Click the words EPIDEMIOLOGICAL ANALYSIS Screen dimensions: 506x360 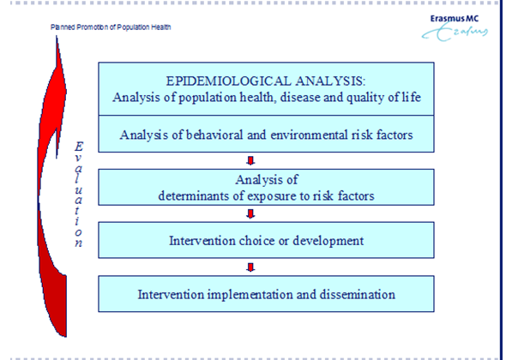coord(265,81)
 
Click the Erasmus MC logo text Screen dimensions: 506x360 coord(455,19)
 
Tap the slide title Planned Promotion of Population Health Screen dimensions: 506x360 coord(111,27)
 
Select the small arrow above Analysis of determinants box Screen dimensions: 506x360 coord(250,160)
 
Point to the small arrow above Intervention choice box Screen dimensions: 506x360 coord(250,214)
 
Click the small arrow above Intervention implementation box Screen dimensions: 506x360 coord(250,267)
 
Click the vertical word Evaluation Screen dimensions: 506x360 coord(78,195)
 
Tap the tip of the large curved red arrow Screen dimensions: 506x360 coord(57,37)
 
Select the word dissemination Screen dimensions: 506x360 coord(358,295)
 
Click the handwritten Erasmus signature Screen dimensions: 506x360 coord(455,33)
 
